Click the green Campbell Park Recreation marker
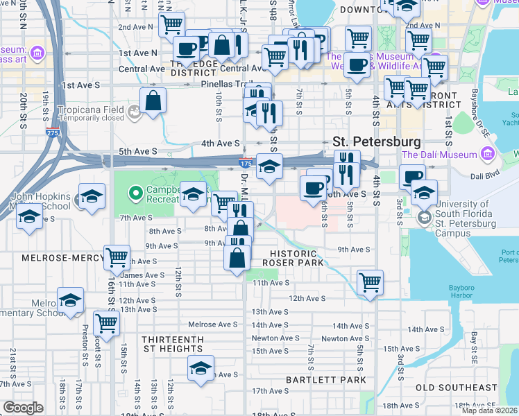click(x=136, y=192)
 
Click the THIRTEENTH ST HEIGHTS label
click(x=173, y=345)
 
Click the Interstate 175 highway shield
click(x=246, y=163)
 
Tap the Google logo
click(x=23, y=407)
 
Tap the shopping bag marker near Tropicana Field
click(x=153, y=101)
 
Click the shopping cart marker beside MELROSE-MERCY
click(x=117, y=258)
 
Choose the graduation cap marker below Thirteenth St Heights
click(x=201, y=367)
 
